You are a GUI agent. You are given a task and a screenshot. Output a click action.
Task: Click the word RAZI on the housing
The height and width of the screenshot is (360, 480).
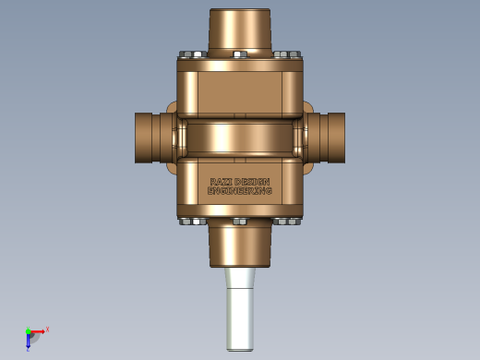coord(221,182)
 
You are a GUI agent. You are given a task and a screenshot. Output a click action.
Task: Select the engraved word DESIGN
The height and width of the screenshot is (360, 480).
coord(253,182)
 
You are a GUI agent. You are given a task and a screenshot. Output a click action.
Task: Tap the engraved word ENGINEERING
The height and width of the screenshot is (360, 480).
coord(240,191)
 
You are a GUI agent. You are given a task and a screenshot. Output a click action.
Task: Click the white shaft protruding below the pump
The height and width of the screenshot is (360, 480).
coord(240,309)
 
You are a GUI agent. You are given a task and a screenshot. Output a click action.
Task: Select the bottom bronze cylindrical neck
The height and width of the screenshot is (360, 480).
coord(240,243)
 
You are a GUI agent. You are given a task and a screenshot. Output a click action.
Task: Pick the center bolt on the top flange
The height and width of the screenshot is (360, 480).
coord(240,54)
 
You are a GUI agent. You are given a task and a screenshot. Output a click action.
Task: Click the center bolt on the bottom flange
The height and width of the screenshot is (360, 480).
coord(240,222)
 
